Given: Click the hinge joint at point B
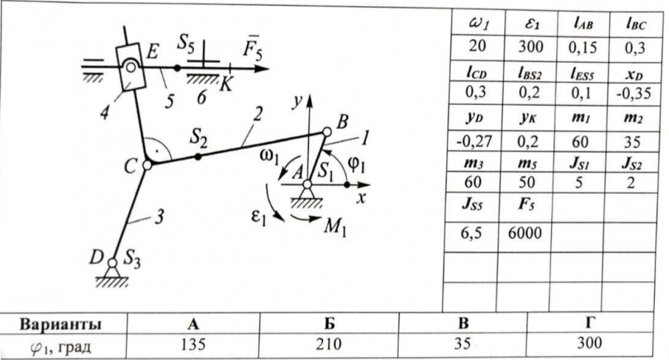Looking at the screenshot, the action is tap(326, 132).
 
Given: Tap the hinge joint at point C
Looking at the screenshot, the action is tap(147, 165).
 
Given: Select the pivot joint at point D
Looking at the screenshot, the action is tap(112, 262).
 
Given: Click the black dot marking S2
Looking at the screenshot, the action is tap(198, 157).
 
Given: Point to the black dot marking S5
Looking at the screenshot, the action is tap(177, 68).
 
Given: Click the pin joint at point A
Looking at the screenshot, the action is tap(307, 184).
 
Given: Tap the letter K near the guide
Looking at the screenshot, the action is tap(225, 85).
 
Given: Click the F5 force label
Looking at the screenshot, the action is tap(253, 48).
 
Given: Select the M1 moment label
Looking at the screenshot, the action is tap(335, 226).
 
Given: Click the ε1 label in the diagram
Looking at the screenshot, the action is tap(258, 217).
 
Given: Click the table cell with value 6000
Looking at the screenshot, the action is tap(524, 233).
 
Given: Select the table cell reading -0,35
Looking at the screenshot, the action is tap(634, 93).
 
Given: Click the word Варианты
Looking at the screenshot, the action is tap(61, 325).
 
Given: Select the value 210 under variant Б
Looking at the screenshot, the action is tap(328, 344).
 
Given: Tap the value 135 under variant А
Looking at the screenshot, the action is tap(193, 344).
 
